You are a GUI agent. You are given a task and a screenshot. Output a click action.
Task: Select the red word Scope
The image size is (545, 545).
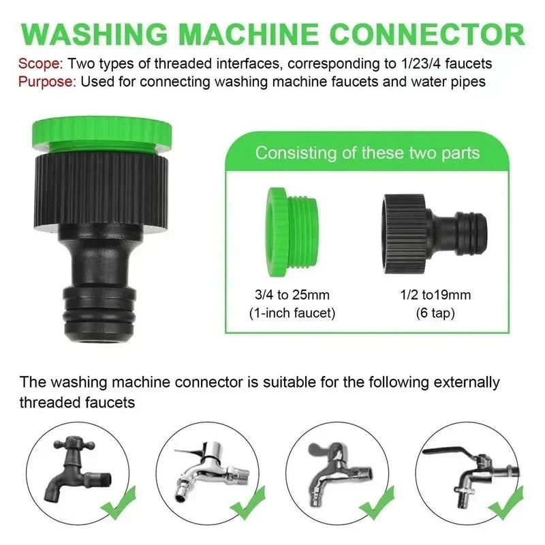39,63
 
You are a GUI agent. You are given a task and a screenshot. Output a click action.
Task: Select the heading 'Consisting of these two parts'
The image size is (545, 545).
367,152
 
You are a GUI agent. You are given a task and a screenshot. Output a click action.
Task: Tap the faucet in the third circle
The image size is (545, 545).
334,470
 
